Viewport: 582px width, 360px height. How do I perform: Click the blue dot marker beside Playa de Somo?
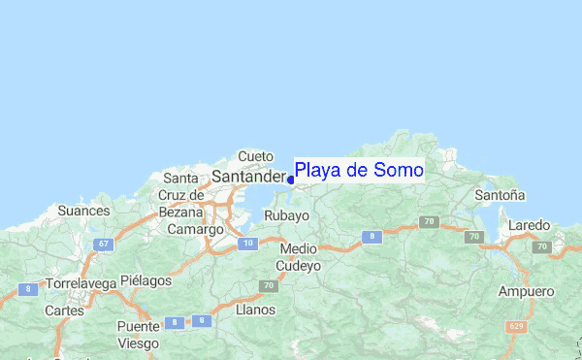[291, 180]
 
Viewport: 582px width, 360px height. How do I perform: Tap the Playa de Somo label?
[359, 171]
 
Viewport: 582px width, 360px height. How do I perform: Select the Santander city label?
[247, 177]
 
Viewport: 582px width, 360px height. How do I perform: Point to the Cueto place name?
[256, 156]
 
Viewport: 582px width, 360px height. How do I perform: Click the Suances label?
[83, 210]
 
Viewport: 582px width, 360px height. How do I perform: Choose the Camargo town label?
[195, 230]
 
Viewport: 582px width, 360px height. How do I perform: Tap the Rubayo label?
[286, 215]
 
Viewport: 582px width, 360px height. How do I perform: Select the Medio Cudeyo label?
[298, 256]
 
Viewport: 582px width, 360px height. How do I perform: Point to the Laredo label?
[529, 225]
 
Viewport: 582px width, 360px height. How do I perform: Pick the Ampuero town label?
[526, 291]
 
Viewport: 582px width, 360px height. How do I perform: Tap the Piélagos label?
[145, 280]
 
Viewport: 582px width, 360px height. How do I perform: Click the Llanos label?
[255, 311]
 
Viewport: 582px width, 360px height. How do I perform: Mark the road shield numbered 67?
[102, 243]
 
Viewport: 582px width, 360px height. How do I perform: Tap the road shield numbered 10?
[249, 243]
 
